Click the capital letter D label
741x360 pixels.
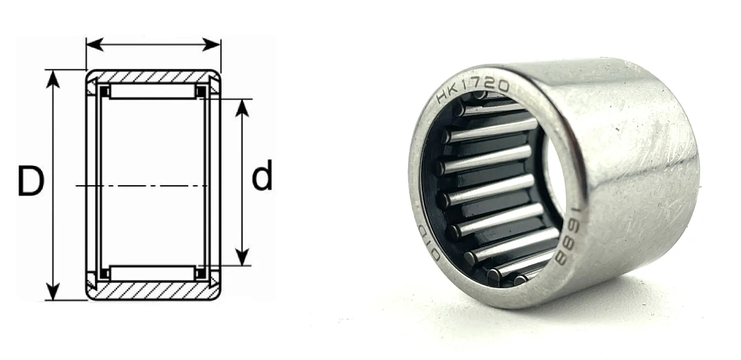point(30,181)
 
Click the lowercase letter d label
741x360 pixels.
point(262,178)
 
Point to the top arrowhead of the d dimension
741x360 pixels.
point(242,105)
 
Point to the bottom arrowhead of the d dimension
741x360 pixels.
point(242,259)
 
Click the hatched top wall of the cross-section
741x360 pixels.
point(153,76)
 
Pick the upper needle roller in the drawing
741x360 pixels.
point(153,91)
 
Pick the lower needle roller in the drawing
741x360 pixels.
point(153,273)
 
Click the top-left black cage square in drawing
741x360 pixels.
point(105,91)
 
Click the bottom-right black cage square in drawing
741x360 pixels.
point(200,273)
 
